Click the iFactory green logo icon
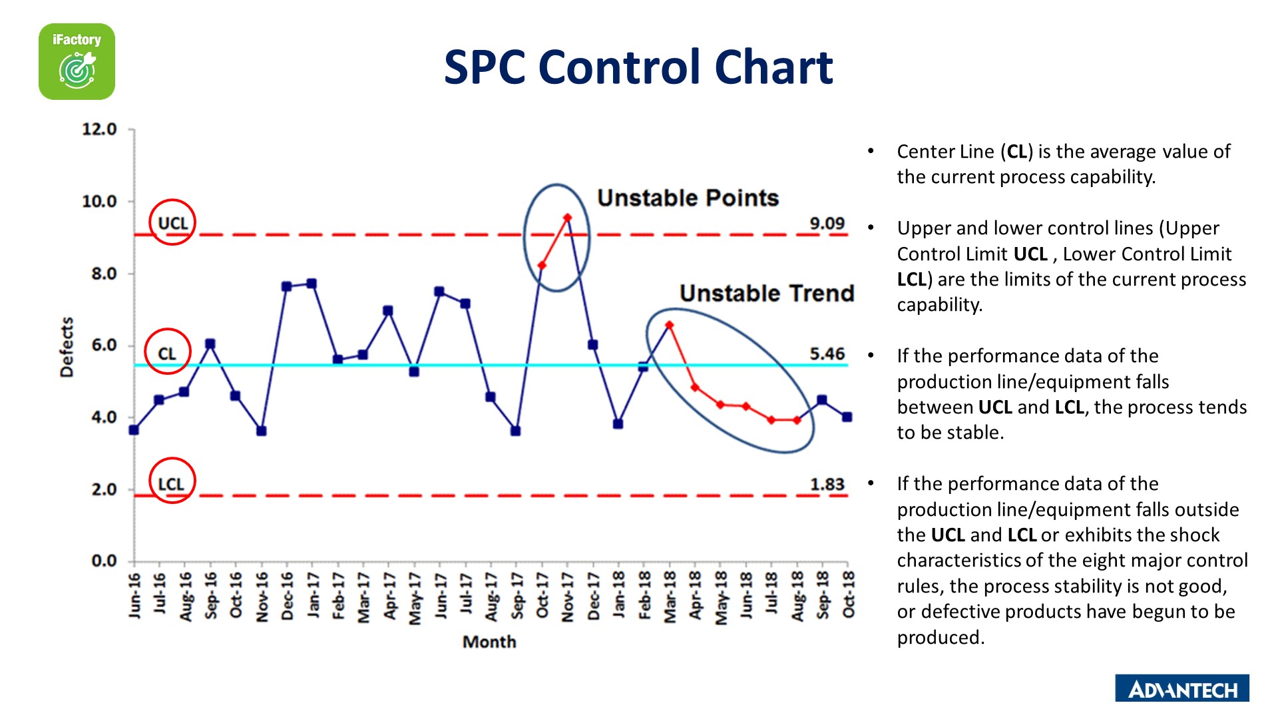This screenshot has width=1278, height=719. [x=77, y=62]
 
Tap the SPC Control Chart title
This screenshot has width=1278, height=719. [x=638, y=67]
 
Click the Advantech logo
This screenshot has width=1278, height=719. [x=1181, y=688]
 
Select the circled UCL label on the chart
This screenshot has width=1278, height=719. [x=172, y=223]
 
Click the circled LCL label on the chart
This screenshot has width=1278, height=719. [x=172, y=483]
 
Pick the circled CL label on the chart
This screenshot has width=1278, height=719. [x=167, y=353]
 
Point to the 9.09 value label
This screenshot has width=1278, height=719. [x=827, y=223]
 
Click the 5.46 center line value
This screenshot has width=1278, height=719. [x=827, y=354]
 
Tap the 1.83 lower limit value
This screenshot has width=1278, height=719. [x=827, y=484]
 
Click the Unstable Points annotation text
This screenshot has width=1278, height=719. [x=688, y=198]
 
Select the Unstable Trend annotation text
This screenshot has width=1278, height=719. [x=766, y=293]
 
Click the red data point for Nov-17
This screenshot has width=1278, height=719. [x=567, y=218]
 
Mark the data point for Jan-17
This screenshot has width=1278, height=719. [x=312, y=284]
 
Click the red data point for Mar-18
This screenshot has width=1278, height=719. [x=669, y=326]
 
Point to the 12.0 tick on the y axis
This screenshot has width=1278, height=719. [x=99, y=129]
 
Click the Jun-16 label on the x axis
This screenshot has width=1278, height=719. [x=134, y=595]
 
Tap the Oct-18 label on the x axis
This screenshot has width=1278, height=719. [x=848, y=594]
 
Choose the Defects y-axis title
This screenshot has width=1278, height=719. [x=67, y=347]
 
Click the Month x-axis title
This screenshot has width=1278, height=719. [x=489, y=642]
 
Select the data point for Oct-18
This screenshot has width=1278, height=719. [x=847, y=417]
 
